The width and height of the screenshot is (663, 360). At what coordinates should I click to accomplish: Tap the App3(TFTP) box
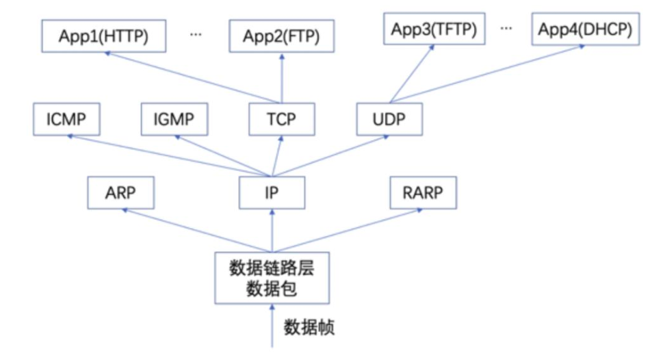[433, 29]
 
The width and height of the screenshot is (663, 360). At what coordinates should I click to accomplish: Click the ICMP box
[66, 119]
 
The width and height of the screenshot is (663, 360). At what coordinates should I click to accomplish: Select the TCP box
[281, 119]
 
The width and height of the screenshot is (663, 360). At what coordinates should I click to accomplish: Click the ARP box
[120, 193]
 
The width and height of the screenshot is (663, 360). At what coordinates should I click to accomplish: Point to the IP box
[272, 193]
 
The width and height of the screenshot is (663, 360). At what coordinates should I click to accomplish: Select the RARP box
[422, 193]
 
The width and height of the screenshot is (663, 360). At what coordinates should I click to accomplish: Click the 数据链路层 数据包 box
[272, 278]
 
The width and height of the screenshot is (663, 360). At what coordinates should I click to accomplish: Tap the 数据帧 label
[309, 326]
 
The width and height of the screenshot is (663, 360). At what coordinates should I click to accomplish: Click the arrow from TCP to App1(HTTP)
[192, 79]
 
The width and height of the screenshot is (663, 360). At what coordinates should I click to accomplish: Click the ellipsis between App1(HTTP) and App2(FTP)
[196, 35]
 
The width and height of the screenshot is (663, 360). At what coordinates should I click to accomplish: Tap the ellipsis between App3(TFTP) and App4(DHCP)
[507, 28]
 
